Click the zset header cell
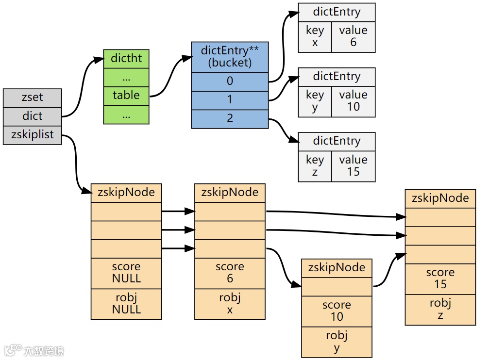[32, 98]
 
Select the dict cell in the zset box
[32, 116]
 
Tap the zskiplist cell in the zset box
[32, 135]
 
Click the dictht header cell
[126, 59]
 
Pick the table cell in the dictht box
[126, 96]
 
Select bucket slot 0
[230, 82]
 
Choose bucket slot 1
[230, 100]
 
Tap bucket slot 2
[230, 119]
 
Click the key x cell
[315, 36]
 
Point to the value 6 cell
[353, 36]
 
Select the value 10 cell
[353, 101]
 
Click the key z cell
[315, 165]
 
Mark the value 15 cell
[353, 165]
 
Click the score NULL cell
[126, 273]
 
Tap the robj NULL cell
[126, 304]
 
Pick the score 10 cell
[337, 311]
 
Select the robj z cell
[440, 310]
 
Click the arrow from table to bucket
[170, 78]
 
